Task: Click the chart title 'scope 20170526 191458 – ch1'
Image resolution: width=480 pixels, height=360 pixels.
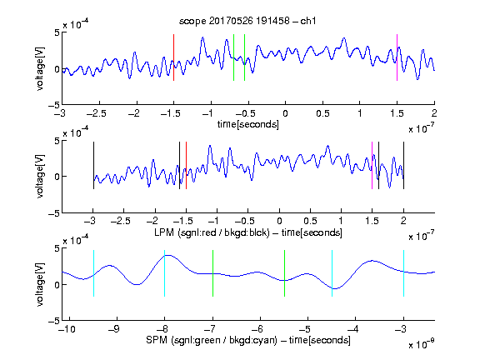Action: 247,21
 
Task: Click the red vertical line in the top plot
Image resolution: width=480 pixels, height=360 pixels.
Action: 174,57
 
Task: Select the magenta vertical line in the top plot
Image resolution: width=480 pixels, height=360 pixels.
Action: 397,57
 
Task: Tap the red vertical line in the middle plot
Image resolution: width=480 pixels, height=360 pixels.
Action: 186,165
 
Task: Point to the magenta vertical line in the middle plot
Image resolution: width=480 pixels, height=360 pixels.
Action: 372,165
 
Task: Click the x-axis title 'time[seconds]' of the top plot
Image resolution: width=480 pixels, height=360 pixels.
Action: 248,124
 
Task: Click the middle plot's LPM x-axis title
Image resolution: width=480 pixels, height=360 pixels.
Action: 248,232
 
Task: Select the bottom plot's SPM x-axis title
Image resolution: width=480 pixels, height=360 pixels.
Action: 248,340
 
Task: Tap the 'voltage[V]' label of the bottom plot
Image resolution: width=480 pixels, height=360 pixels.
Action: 40,284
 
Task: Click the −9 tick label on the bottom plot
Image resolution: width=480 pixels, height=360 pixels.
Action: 114,329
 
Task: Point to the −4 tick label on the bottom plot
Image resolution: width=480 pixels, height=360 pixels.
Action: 352,329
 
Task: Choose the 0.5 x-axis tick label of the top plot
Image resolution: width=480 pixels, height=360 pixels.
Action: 322,113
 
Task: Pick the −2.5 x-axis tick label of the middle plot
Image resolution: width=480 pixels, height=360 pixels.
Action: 121,221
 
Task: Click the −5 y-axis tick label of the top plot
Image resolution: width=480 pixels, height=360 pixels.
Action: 54,105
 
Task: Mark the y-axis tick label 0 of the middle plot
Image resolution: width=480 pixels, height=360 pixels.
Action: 57,177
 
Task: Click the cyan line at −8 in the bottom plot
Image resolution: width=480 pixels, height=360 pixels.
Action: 165,273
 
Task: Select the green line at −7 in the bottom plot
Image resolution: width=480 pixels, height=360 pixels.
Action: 212,273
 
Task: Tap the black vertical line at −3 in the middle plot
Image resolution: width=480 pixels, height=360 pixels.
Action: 93,165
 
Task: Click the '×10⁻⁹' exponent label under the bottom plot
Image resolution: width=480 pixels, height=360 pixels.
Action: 421,344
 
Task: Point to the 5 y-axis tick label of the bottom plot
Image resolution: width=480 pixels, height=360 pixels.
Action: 57,248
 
